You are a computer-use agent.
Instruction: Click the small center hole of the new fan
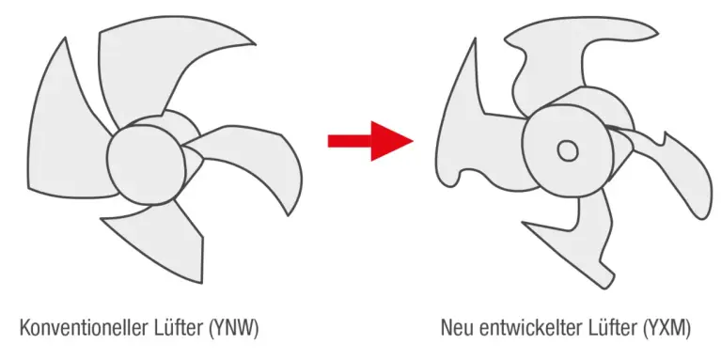567,149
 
